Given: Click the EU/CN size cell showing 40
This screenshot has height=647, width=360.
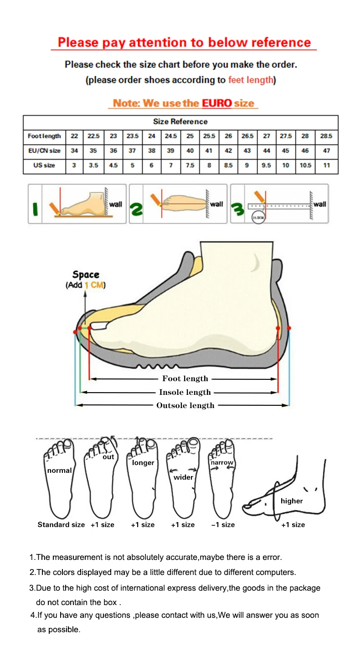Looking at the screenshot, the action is (x=190, y=151).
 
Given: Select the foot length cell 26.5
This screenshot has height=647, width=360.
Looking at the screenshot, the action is (x=247, y=136).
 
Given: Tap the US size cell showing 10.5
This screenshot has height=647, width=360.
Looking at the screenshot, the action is (x=305, y=166).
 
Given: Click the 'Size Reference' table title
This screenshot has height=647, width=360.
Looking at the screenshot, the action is (x=180, y=122).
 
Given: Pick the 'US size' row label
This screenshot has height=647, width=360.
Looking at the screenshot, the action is (x=44, y=166).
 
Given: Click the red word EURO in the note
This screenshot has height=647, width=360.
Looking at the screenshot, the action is (x=217, y=103).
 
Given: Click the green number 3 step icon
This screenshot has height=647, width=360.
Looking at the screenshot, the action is (x=238, y=210).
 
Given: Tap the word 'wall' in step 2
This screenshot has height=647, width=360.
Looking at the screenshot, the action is (x=216, y=204).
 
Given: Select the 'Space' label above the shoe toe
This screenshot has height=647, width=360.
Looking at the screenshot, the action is (x=86, y=274).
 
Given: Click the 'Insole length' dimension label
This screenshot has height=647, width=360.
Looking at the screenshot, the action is (x=185, y=392).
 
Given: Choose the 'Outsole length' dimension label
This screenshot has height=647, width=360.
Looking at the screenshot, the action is (x=185, y=405).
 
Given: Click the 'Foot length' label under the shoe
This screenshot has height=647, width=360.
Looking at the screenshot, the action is (x=185, y=378).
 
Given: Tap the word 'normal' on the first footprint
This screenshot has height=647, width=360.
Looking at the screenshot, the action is (x=59, y=471).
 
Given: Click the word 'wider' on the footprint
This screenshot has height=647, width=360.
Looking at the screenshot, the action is (x=183, y=477).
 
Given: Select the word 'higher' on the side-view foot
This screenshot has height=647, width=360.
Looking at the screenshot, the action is (x=292, y=501).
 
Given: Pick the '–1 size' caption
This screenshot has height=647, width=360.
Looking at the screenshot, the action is (x=223, y=525).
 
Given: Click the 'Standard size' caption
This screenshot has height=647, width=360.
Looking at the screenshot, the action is (x=61, y=525).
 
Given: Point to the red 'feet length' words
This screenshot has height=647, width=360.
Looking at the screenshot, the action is (x=251, y=80).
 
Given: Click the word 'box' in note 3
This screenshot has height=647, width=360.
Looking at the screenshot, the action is (x=110, y=602).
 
